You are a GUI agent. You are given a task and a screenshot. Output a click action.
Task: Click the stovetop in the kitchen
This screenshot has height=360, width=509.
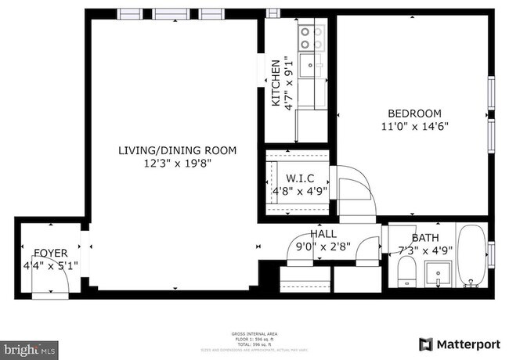[x=312, y=38]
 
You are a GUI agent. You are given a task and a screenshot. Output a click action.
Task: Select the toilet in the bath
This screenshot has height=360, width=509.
[x=406, y=273]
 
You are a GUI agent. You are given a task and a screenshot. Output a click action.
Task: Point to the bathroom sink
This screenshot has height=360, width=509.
[x=438, y=274]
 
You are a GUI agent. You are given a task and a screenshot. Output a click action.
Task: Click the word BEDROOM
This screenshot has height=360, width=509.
[x=414, y=113]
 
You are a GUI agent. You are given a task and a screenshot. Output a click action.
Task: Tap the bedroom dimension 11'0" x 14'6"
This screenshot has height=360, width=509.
[x=414, y=125]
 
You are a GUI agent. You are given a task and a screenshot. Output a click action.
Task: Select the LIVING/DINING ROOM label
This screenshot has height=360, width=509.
[x=177, y=150]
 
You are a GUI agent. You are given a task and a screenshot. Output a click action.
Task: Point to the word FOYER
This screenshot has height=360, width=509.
[x=50, y=254]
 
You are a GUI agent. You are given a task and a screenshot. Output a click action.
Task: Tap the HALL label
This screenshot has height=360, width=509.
[x=323, y=234]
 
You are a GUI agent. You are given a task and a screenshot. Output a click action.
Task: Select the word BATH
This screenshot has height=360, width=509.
[x=425, y=238]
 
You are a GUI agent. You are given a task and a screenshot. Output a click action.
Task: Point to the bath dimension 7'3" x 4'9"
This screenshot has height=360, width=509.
[x=424, y=250]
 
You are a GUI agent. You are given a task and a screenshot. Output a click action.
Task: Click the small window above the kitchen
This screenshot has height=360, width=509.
[x=272, y=13]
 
